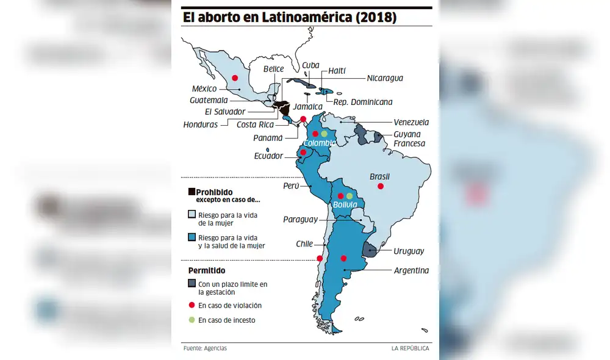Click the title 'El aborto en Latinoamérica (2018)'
[290, 18]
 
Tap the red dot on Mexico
[235, 77]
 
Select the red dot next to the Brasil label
[381, 186]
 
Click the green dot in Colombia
[325, 134]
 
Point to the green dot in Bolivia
[350, 196]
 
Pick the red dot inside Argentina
[344, 258]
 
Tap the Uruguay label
[409, 251]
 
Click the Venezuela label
[411, 122]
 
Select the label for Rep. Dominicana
[364, 102]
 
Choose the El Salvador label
[225, 112]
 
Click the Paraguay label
[300, 219]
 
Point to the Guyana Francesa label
[409, 139]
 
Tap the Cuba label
[310, 65]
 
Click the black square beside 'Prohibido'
[192, 192]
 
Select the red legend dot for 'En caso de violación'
[192, 305]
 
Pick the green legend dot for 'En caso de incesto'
[192, 320]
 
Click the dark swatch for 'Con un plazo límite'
[192, 284]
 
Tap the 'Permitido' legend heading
[206, 270]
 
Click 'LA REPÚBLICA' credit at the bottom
[410, 348]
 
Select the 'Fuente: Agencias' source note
[205, 348]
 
